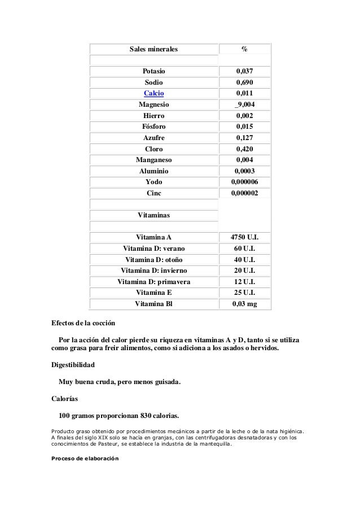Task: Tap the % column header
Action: tap(244, 50)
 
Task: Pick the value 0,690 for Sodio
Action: tap(244, 83)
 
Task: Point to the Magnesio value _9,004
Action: tap(244, 104)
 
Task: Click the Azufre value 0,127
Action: tap(244, 138)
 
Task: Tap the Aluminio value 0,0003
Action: tap(244, 171)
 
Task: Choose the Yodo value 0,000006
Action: tap(244, 182)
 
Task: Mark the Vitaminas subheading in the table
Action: tap(153, 215)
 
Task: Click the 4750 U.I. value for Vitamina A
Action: tap(244, 237)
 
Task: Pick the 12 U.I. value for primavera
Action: tap(244, 282)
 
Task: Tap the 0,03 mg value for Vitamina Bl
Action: tap(244, 304)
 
